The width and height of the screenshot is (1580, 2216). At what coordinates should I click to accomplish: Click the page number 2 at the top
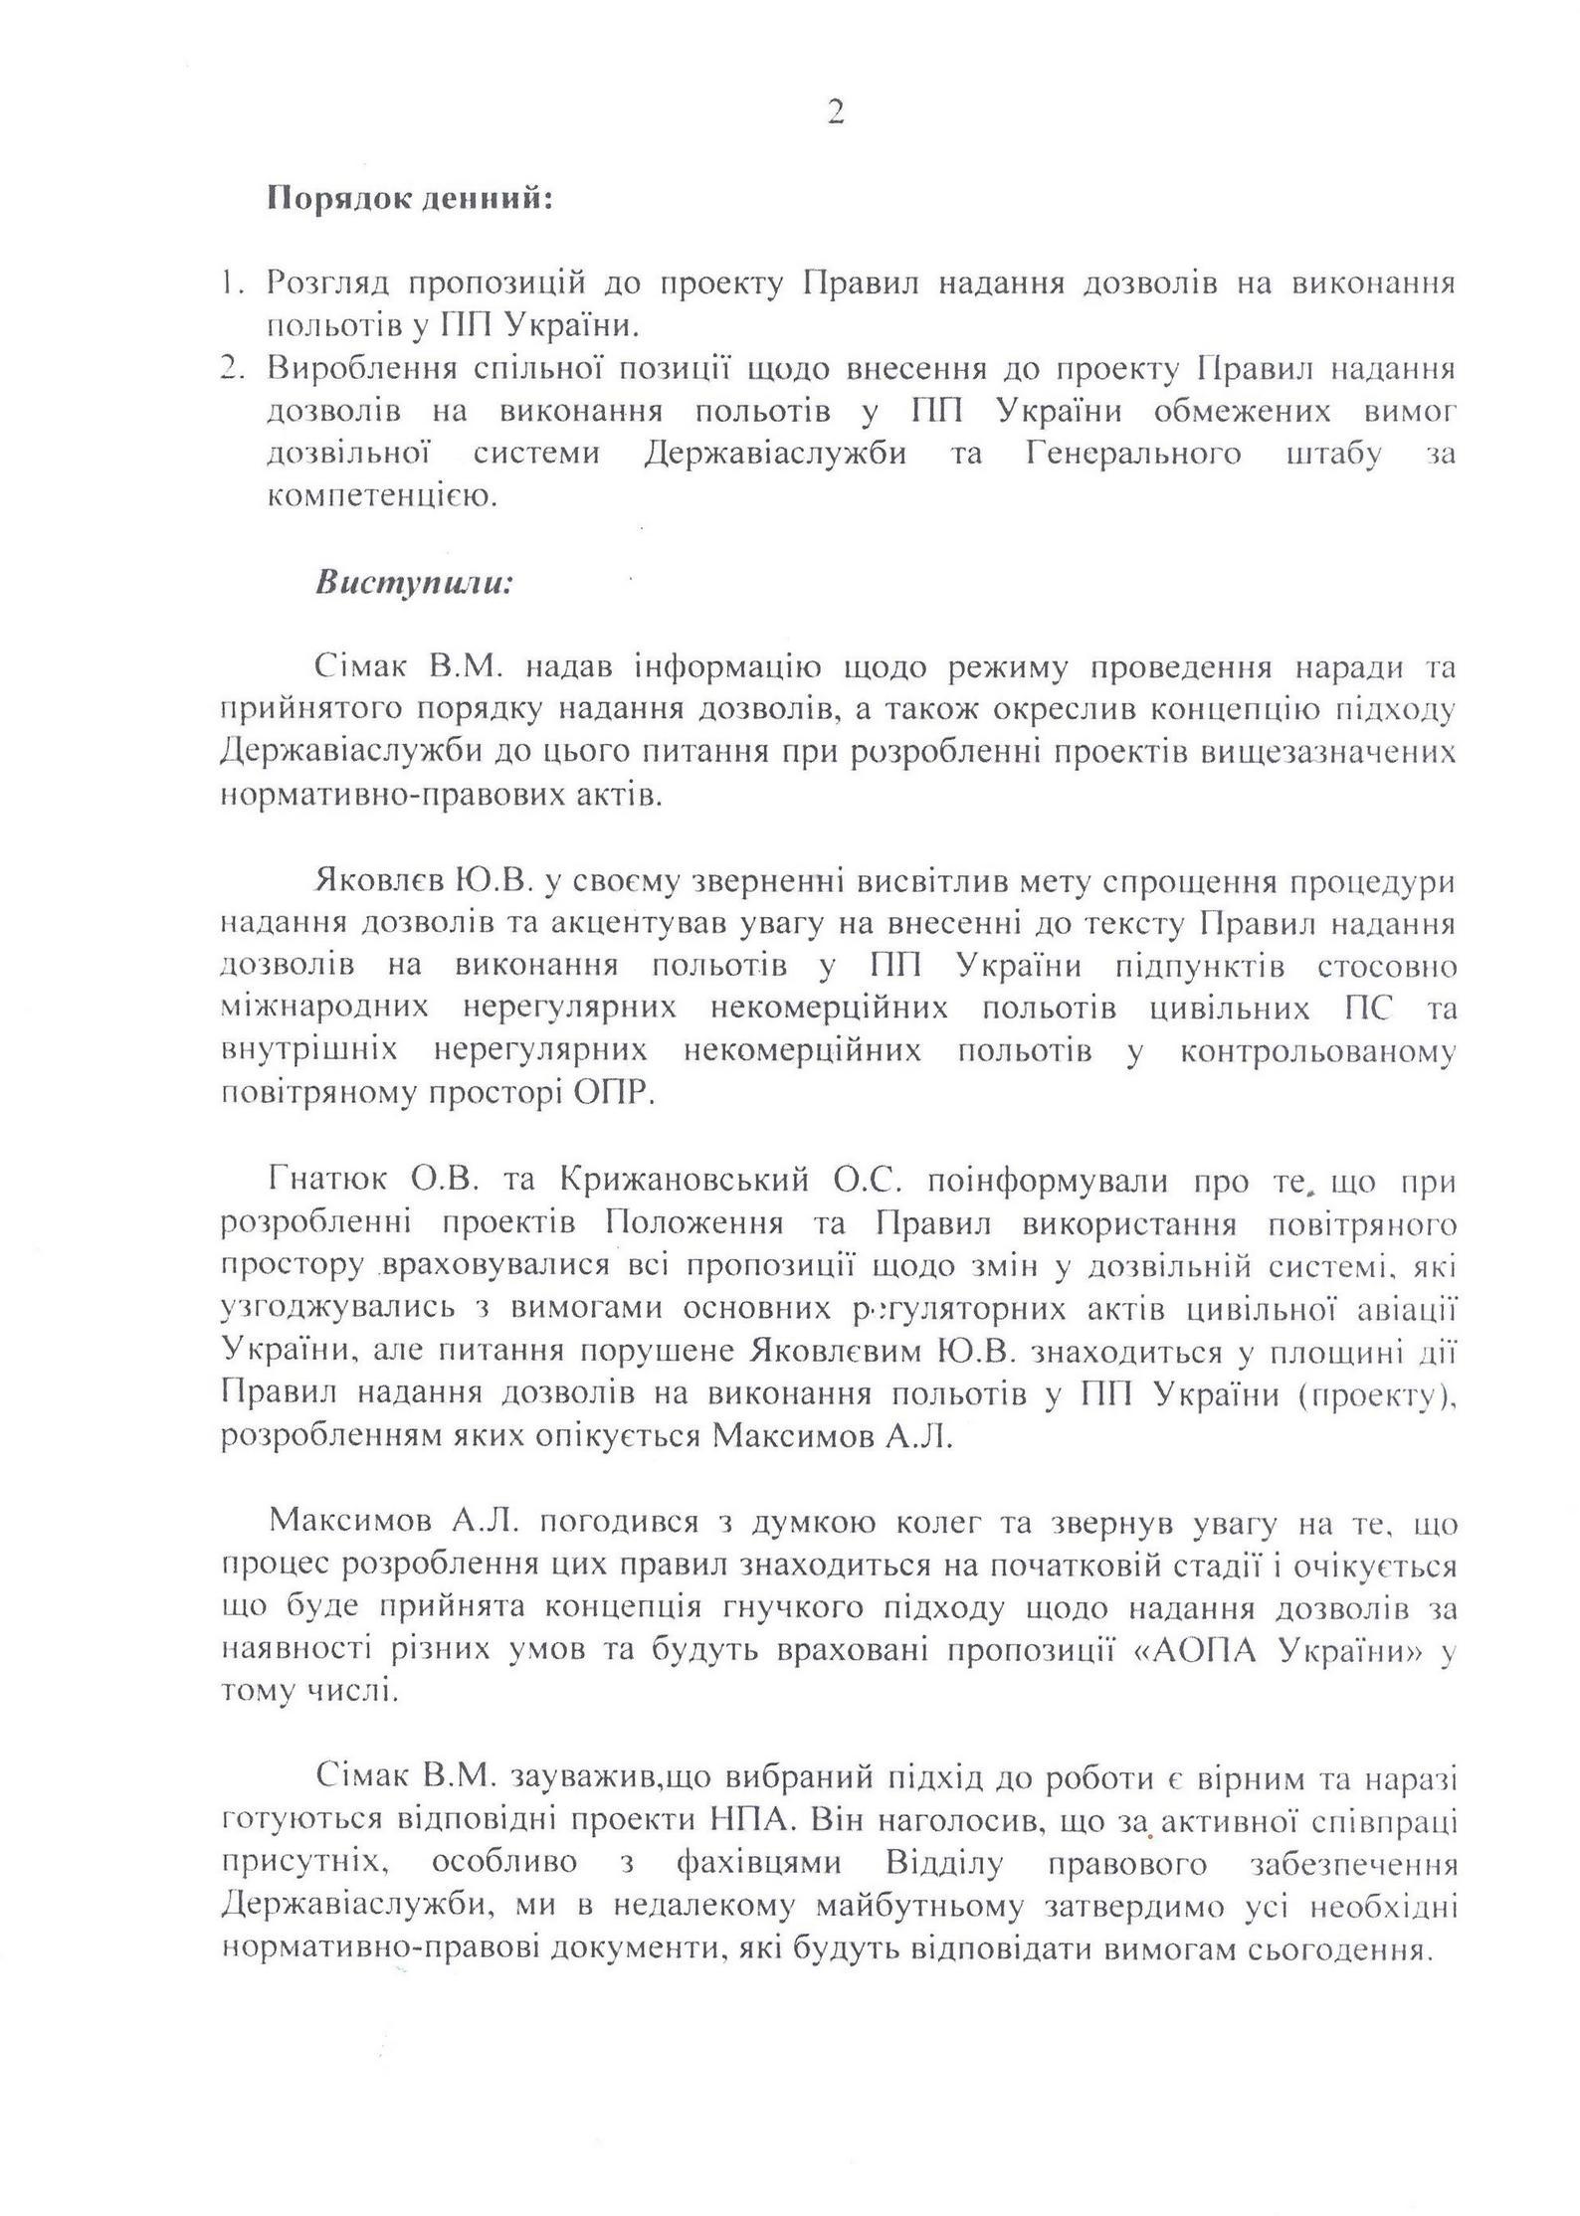[x=835, y=113]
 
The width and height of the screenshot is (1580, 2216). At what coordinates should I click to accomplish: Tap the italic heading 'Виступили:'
[x=414, y=582]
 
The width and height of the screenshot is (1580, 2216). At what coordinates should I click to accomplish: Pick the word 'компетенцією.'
[x=381, y=497]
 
